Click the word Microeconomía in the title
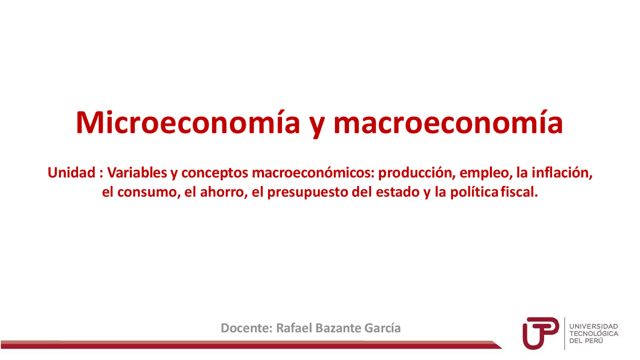(x=187, y=122)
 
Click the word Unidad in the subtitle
(x=71, y=173)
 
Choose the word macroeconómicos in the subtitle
(x=313, y=173)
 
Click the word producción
(x=414, y=173)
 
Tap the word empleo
(x=481, y=174)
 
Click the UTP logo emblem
(x=540, y=332)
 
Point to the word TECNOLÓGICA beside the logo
(x=594, y=333)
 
